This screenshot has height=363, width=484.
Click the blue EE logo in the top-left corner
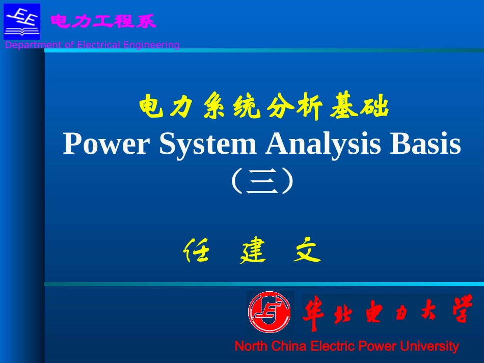click(22, 21)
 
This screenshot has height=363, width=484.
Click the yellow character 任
click(196, 251)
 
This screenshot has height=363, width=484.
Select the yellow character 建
click(253, 251)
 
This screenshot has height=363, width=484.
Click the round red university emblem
click(270, 312)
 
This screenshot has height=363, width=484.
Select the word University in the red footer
click(429, 347)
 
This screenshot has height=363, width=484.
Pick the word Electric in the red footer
click(332, 347)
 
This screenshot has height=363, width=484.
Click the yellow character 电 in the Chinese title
click(151, 107)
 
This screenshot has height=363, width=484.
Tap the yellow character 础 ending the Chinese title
click(377, 107)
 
